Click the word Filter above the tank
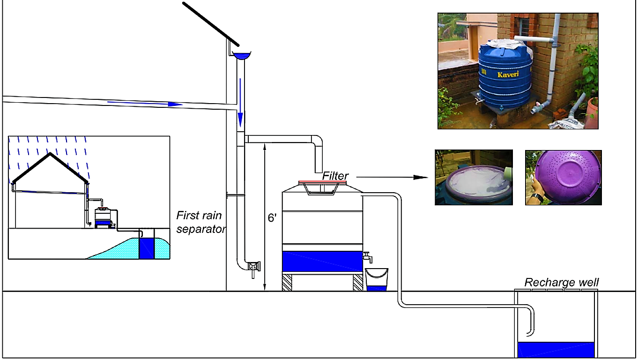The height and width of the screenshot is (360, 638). (x=335, y=176)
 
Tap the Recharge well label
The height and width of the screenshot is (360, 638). (x=561, y=283)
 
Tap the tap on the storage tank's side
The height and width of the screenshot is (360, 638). (x=368, y=257)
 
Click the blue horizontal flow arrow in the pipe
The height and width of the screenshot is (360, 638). (x=145, y=103)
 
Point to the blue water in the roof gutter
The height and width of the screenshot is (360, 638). (x=242, y=56)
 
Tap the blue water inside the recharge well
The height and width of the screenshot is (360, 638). (x=556, y=350)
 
